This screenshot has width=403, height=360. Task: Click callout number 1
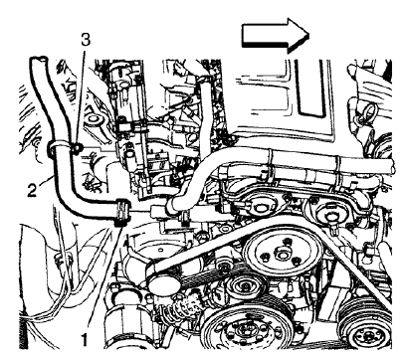[x=86, y=339]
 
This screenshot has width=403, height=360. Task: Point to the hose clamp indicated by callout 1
[x=122, y=212]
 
